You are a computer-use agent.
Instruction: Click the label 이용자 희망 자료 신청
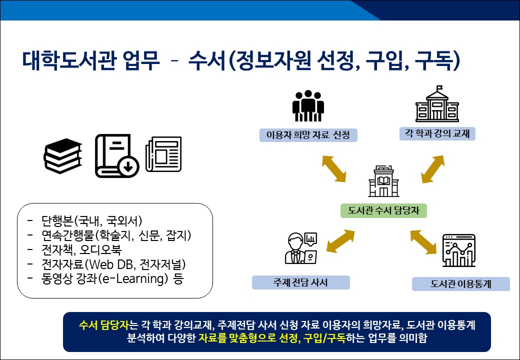308,135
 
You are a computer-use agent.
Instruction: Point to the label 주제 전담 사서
300,282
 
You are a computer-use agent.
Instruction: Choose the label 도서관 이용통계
460,284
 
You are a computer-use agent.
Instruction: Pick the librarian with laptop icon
300,248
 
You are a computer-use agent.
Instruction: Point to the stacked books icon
62,155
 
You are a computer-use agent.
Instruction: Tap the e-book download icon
116,155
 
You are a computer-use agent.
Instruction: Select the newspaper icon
163,154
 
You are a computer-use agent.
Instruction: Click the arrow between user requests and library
333,168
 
